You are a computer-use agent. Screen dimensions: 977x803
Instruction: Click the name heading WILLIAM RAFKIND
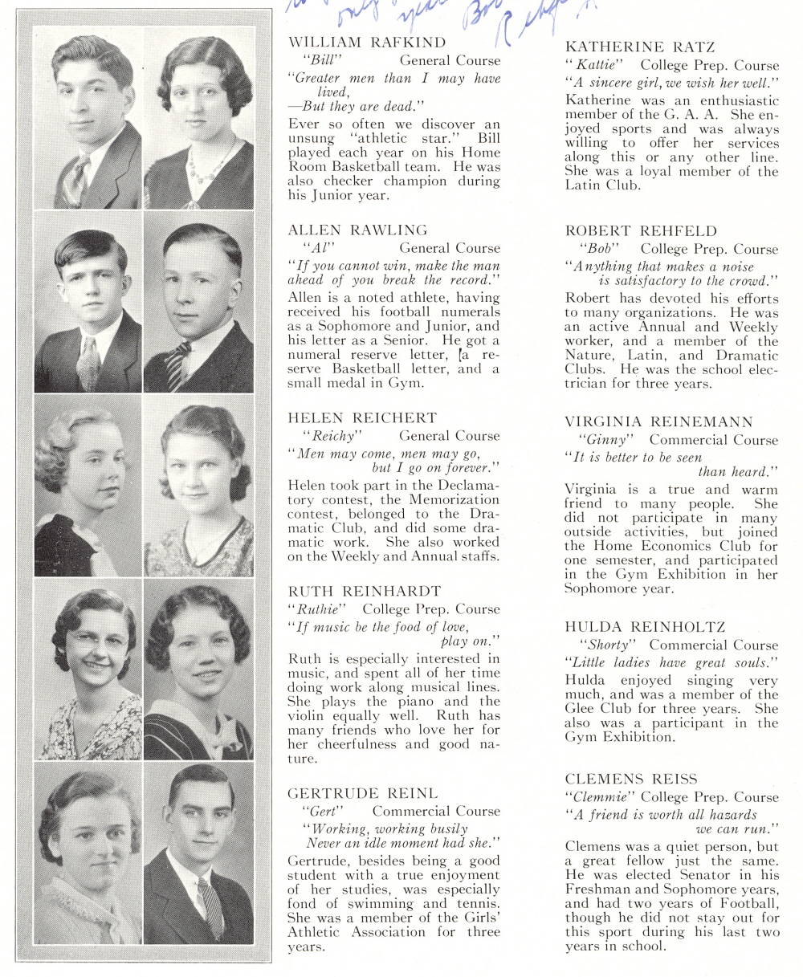[x=366, y=42]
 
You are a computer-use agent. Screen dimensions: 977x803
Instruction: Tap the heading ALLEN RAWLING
[x=357, y=230]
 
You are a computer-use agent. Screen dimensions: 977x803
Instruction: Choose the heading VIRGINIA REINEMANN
[x=658, y=421]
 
